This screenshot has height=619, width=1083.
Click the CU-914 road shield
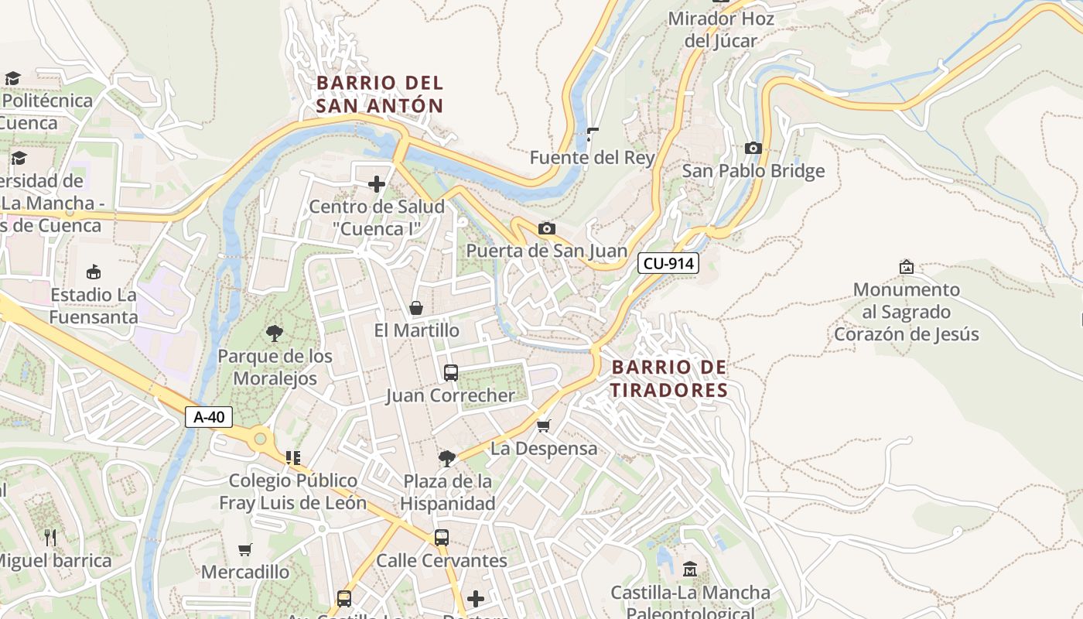pyautogui.click(x=668, y=264)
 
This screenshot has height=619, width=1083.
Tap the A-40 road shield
pyautogui.click(x=209, y=417)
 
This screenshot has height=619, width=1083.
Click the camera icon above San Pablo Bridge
pyautogui.click(x=753, y=148)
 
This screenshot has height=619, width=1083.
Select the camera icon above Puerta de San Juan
pyautogui.click(x=546, y=228)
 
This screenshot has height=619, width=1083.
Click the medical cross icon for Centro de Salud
pyautogui.click(x=377, y=184)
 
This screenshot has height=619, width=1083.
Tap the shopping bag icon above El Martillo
pyautogui.click(x=416, y=308)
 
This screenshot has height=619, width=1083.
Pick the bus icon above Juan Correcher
pyautogui.click(x=450, y=373)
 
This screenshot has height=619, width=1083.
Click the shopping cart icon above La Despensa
pyautogui.click(x=544, y=426)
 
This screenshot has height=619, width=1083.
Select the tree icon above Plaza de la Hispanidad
pyautogui.click(x=446, y=459)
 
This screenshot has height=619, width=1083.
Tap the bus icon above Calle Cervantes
pyautogui.click(x=441, y=537)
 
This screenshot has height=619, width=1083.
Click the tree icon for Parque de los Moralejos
pyautogui.click(x=274, y=333)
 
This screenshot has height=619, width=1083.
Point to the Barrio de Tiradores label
pyautogui.click(x=669, y=378)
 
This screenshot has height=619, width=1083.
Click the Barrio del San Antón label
pyautogui.click(x=380, y=94)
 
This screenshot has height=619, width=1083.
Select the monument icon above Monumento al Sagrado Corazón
pyautogui.click(x=906, y=267)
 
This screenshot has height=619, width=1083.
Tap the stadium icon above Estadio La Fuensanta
pyautogui.click(x=94, y=272)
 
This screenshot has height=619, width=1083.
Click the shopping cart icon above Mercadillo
pyautogui.click(x=245, y=549)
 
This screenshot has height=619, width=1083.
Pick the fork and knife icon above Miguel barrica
pyautogui.click(x=50, y=537)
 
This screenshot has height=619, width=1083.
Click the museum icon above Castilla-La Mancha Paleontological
pyautogui.click(x=689, y=569)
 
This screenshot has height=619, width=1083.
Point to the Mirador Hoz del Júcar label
pyautogui.click(x=721, y=29)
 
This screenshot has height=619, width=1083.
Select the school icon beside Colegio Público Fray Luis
pyautogui.click(x=292, y=458)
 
